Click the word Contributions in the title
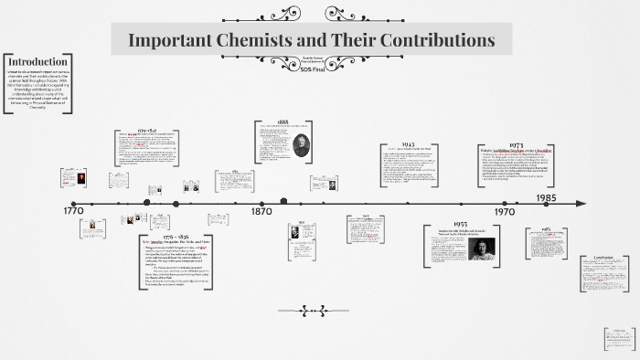point(432,40)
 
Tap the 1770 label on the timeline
point(76,211)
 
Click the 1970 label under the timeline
point(503,211)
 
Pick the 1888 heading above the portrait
point(284,122)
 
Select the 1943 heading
point(408,145)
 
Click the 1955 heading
point(459,224)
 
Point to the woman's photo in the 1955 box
point(481,249)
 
